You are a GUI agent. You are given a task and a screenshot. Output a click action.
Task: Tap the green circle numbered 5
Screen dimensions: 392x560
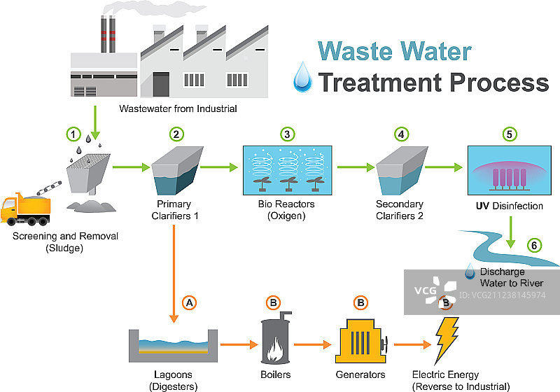point(510,133)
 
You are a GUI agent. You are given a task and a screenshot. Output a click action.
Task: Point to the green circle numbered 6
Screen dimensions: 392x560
point(535,245)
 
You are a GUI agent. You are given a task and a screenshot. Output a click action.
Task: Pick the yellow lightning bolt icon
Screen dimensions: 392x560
point(446,340)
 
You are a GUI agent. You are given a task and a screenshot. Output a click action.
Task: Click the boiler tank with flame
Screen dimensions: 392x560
point(274,340)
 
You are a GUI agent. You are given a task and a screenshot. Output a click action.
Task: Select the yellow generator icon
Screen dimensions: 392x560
point(361,342)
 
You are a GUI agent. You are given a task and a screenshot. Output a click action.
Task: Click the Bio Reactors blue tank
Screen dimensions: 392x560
point(287,169)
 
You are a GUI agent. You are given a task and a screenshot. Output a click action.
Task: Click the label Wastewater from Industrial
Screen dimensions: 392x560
point(178,108)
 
